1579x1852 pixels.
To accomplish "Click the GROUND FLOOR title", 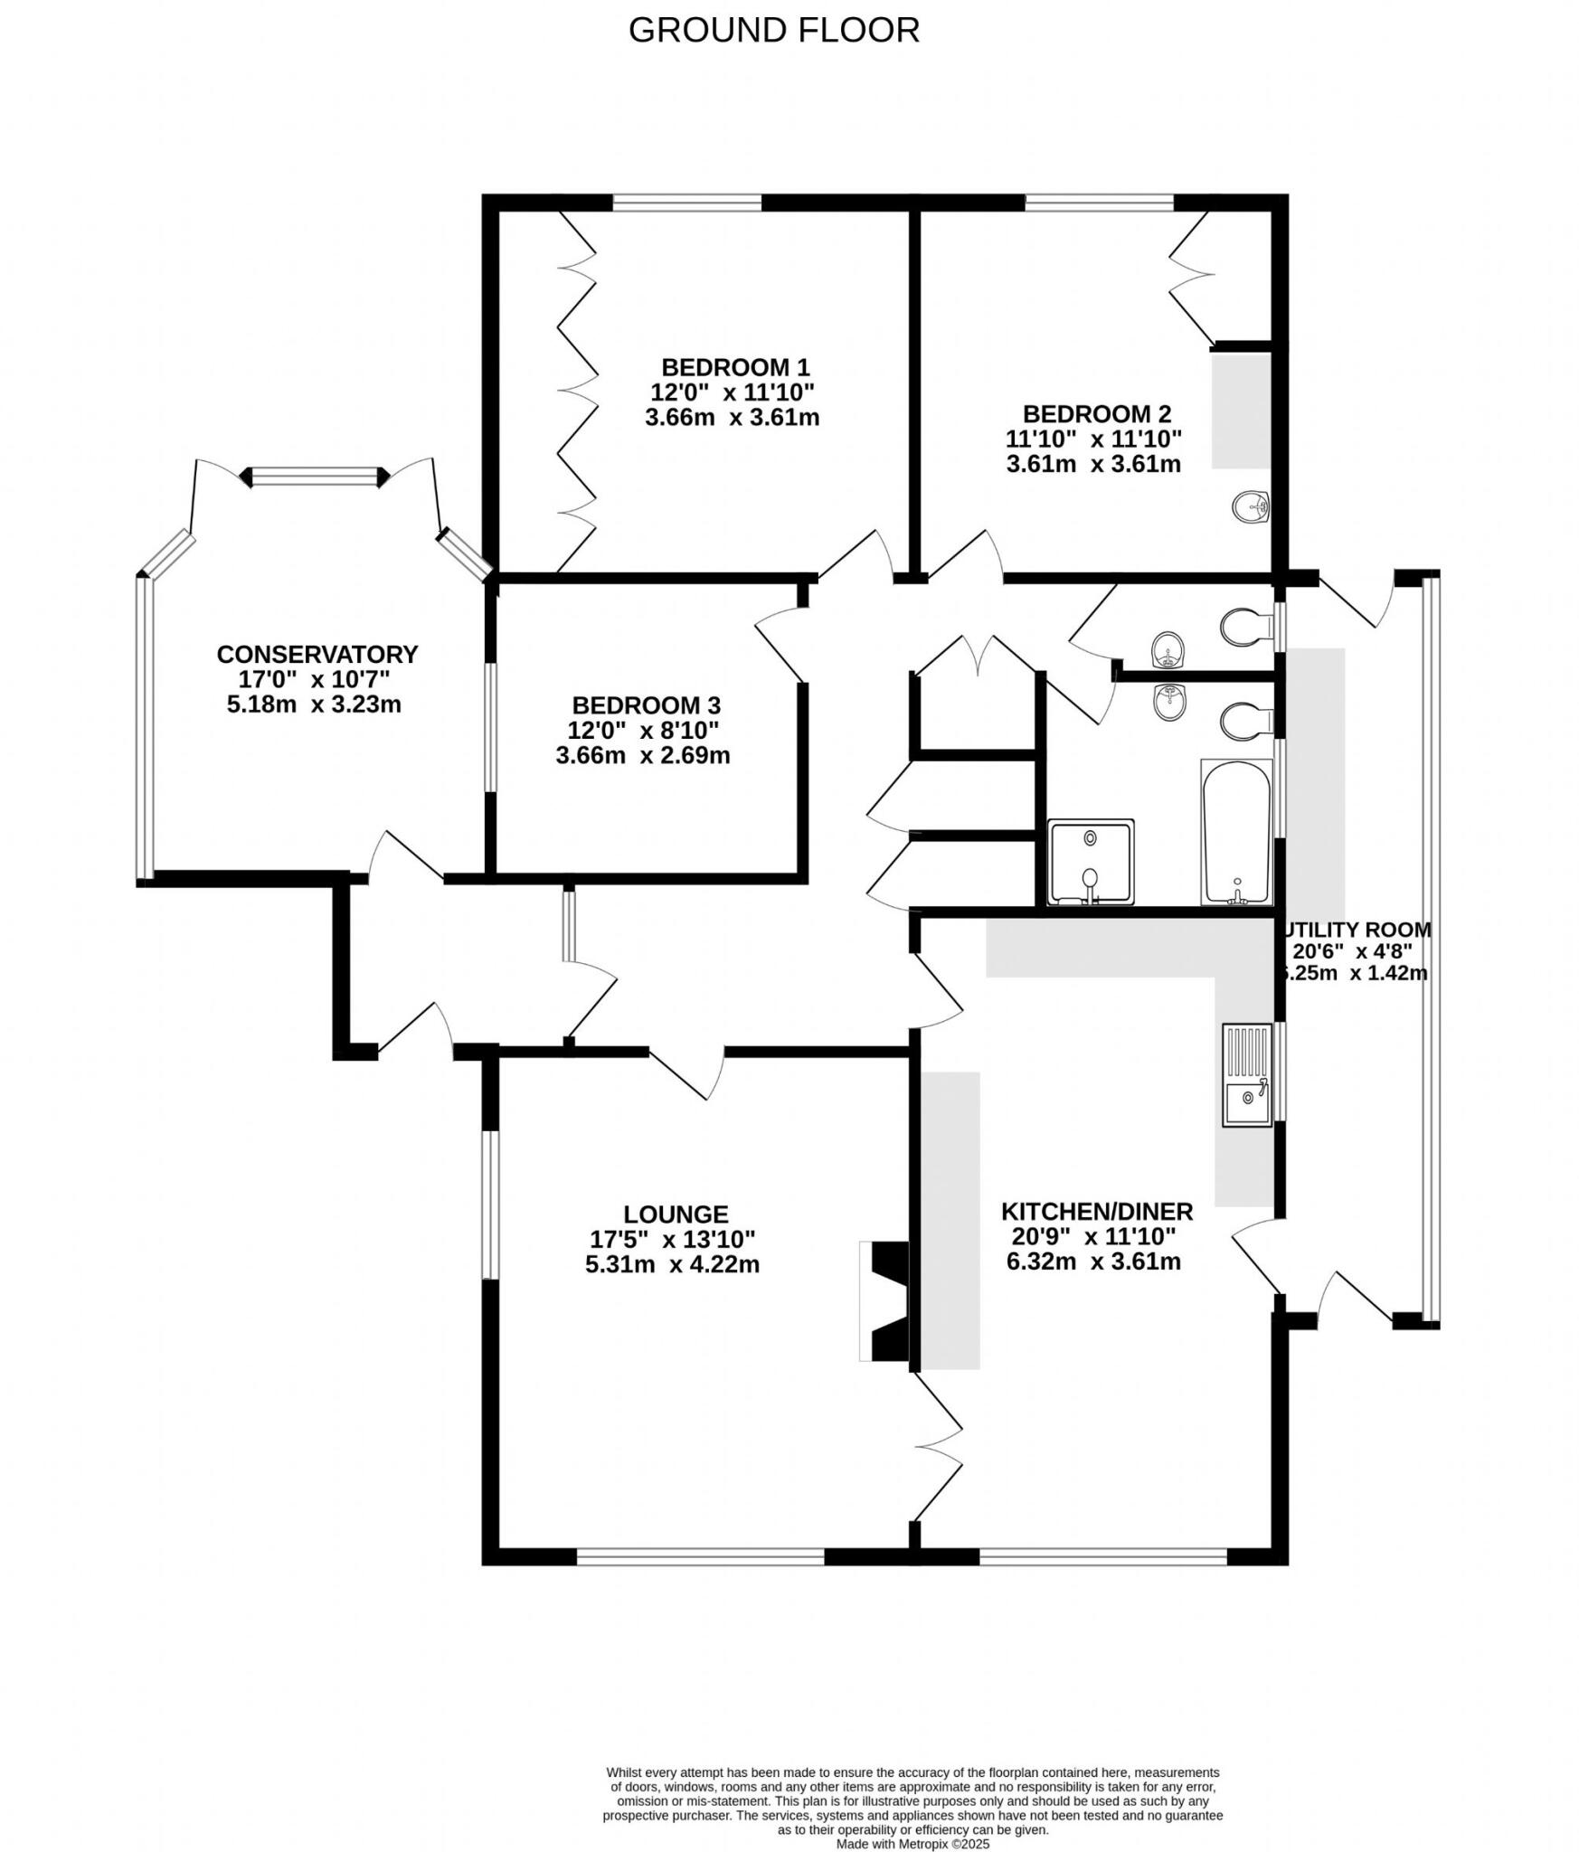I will pos(773,31).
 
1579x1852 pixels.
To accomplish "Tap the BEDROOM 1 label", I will pos(734,367).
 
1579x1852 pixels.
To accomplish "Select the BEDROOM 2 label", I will pos(1095,414).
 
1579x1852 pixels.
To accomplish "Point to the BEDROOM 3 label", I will pos(645,705).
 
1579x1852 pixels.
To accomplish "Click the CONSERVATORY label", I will pos(317,654).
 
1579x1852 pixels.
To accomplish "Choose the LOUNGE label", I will pos(675,1214).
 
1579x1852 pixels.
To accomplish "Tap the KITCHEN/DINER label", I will pos(1096,1211).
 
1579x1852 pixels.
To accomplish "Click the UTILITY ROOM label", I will pos(1357,930).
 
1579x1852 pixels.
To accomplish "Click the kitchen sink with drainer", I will pos(1246,1074).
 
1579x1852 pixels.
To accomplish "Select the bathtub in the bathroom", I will pos(1235,830).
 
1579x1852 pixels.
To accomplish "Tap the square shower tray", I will pos(1089,862).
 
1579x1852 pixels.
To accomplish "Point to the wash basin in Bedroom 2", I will pos(1250,507).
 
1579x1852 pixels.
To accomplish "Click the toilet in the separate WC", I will pos(1239,626).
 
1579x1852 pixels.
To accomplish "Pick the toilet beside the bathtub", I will pos(1239,722).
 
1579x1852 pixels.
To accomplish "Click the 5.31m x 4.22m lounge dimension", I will pos(671,1264).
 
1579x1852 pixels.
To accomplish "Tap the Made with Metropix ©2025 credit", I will pos(912,1793).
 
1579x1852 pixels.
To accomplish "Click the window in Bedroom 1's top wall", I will pos(686,203).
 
